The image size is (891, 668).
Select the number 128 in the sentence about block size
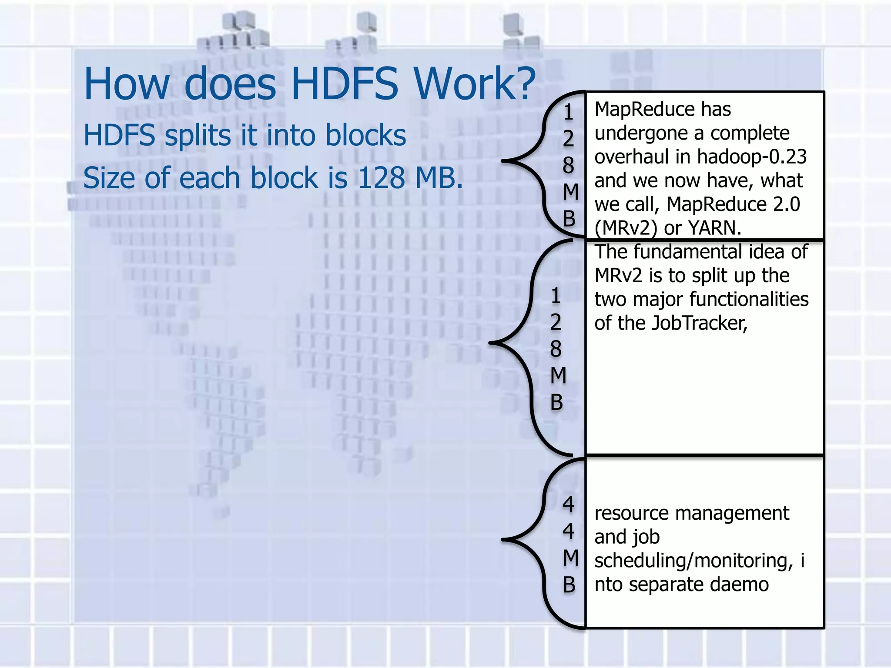coord(381,178)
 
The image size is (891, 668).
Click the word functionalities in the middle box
coord(748,299)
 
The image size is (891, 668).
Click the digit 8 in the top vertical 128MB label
coord(568,165)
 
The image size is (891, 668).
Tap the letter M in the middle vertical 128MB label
coord(558,376)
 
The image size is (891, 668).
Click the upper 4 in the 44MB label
coord(568,504)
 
